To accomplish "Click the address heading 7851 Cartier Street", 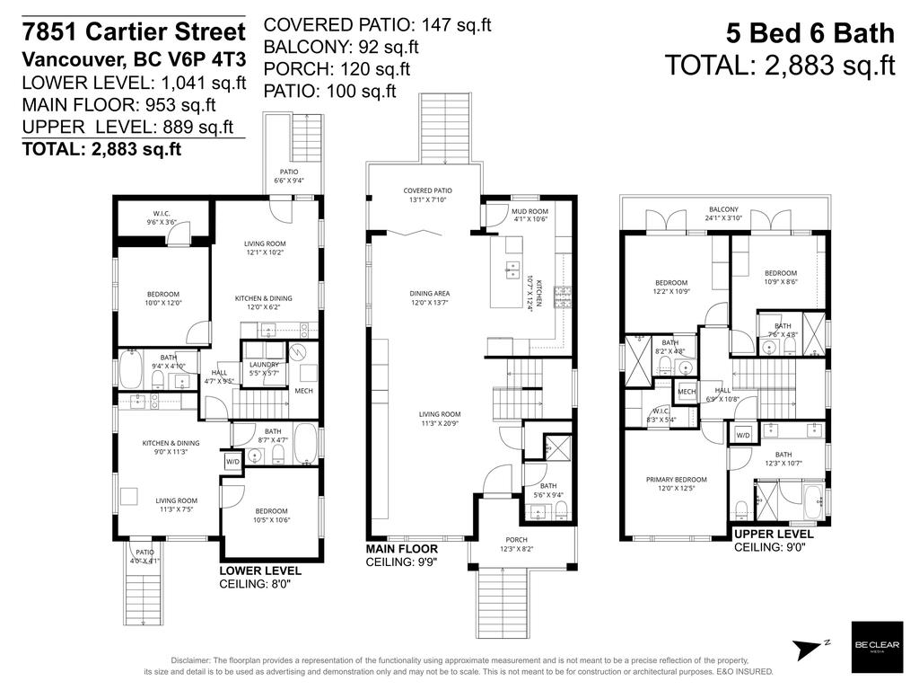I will (134, 33).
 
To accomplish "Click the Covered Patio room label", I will (427, 195).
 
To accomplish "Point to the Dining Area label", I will (430, 298).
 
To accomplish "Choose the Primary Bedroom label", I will (676, 484).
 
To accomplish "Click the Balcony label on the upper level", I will (722, 213).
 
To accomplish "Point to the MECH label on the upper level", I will (687, 392).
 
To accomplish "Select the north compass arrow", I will (812, 647).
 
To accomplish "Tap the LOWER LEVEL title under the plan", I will (260, 571).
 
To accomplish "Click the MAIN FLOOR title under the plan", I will (401, 549).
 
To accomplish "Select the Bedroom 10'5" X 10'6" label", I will (271, 515).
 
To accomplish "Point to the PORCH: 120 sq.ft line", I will (337, 68).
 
